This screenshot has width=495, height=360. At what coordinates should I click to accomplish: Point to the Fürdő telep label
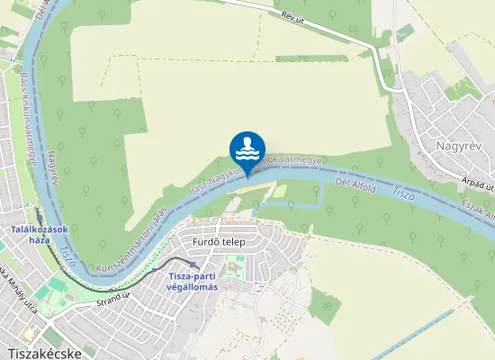click(219, 242)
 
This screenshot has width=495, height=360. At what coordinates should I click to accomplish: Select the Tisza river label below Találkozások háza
click(67, 258)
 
